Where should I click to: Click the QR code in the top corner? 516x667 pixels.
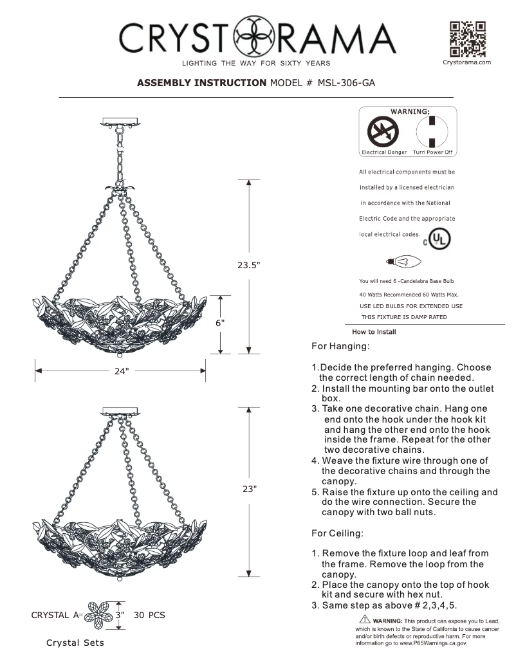pyautogui.click(x=467, y=39)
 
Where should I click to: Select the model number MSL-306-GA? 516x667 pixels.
pyautogui.click(x=347, y=83)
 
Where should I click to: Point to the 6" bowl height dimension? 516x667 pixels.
pyautogui.click(x=220, y=324)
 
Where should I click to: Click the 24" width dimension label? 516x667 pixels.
pyautogui.click(x=122, y=371)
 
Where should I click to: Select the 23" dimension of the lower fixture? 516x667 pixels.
pyautogui.click(x=250, y=489)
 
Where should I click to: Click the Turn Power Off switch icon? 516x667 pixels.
pyautogui.click(x=433, y=133)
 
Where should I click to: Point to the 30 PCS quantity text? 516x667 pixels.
pyautogui.click(x=149, y=616)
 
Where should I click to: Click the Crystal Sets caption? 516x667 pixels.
pyautogui.click(x=75, y=643)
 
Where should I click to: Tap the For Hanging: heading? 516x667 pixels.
pyautogui.click(x=340, y=347)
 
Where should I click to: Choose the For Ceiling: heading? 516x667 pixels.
pyautogui.click(x=338, y=533)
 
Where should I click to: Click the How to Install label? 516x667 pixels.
pyautogui.click(x=375, y=332)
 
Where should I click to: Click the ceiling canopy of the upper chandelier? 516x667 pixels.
pyautogui.click(x=122, y=122)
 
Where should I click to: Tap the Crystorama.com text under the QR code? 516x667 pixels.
pyautogui.click(x=467, y=62)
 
